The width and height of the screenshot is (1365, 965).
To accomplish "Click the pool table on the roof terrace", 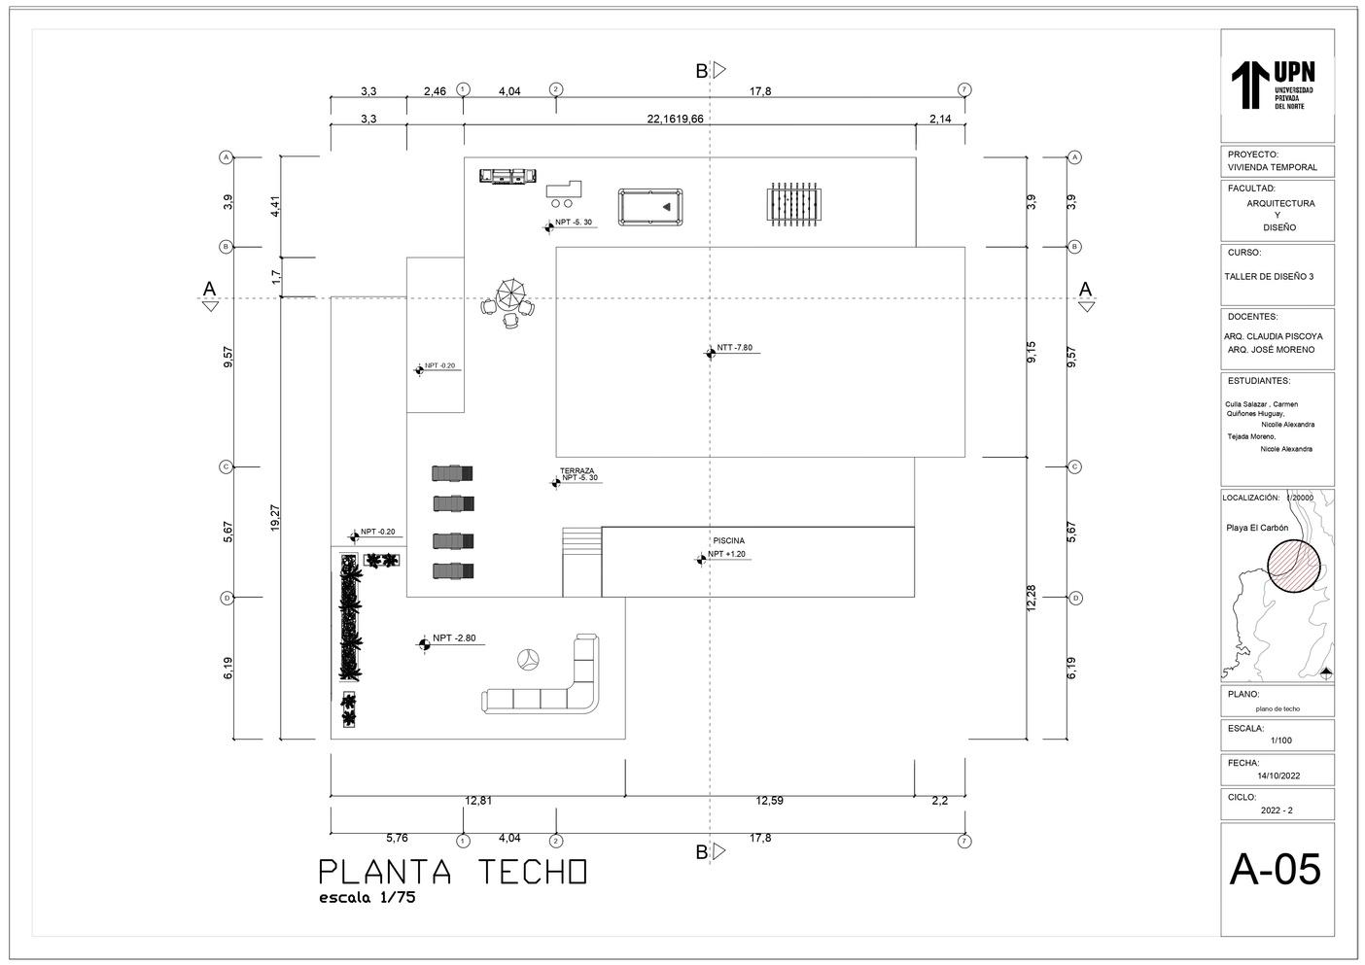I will pyautogui.click(x=650, y=207).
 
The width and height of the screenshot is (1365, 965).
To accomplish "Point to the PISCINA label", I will pyautogui.click(x=729, y=540).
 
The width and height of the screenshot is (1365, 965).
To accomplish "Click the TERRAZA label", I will pyautogui.click(x=577, y=470).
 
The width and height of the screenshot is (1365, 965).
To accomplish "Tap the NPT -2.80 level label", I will pyautogui.click(x=454, y=638).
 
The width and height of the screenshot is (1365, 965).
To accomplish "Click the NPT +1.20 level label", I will pyautogui.click(x=726, y=554).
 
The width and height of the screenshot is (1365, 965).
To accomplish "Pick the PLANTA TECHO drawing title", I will pyautogui.click(x=453, y=872).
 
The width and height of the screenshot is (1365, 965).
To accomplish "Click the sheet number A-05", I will pyautogui.click(x=1276, y=870).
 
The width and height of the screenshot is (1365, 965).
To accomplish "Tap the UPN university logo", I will pyautogui.click(x=1275, y=86).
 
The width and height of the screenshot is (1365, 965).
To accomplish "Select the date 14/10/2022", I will pyautogui.click(x=1278, y=775).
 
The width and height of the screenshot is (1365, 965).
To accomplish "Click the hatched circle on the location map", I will pyautogui.click(x=1294, y=566).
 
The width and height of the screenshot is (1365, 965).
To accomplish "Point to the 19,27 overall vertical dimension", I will pyautogui.click(x=276, y=517).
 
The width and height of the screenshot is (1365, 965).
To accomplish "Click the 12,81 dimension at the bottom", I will pyautogui.click(x=478, y=801).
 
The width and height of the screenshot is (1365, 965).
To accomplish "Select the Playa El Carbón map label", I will pyautogui.click(x=1257, y=529).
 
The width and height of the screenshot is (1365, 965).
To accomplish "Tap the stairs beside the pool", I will pyautogui.click(x=582, y=561).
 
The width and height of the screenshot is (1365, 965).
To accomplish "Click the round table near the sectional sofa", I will pyautogui.click(x=528, y=659).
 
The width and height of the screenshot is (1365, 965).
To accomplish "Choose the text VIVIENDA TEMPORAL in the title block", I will pyautogui.click(x=1273, y=167).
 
